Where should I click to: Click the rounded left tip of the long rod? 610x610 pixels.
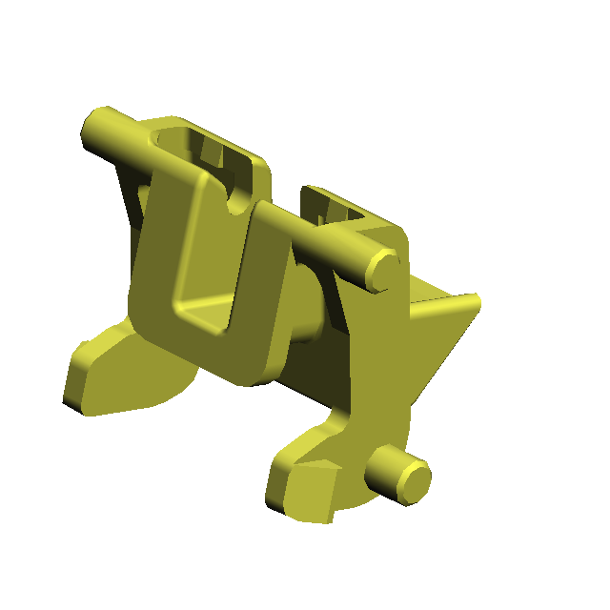click(x=95, y=127)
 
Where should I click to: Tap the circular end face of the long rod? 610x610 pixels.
click(x=384, y=271)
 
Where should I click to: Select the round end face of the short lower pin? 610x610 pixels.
click(x=416, y=482)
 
